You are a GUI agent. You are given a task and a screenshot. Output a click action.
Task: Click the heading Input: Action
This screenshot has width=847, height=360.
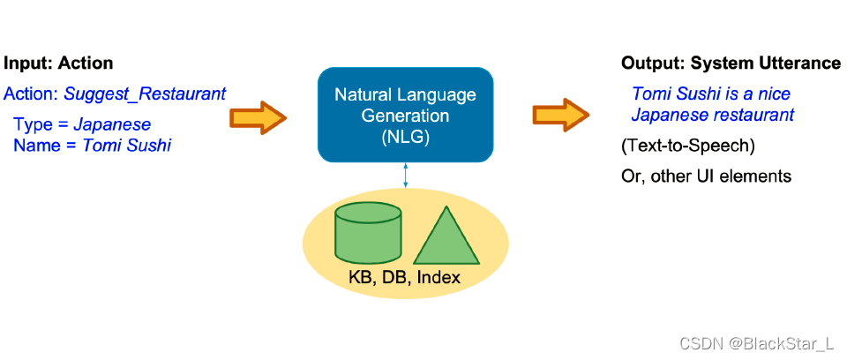click(58, 64)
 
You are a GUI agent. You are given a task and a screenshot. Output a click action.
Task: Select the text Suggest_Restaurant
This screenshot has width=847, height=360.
click(145, 94)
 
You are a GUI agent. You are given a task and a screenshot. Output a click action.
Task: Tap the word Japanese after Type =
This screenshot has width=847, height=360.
click(112, 124)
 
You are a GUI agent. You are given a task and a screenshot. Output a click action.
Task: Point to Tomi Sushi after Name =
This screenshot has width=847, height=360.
click(126, 145)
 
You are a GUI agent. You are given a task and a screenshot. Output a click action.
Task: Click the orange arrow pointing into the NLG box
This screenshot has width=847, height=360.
click(259, 116)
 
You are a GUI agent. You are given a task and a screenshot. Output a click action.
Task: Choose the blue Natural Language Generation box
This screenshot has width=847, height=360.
click(405, 115)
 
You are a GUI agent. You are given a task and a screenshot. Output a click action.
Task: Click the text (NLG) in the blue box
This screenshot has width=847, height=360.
click(405, 138)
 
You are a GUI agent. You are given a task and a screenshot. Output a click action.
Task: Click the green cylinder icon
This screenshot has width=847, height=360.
click(367, 233)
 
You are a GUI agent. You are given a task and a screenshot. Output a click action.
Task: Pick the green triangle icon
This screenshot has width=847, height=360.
click(447, 236)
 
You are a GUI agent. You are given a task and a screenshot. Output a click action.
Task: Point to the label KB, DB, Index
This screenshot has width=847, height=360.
click(404, 278)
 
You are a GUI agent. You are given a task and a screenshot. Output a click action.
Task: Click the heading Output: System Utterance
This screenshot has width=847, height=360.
click(731, 64)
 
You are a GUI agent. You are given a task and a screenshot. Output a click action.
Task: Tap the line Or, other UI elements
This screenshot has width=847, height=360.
click(706, 176)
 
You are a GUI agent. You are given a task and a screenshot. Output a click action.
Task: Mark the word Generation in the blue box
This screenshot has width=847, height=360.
click(405, 116)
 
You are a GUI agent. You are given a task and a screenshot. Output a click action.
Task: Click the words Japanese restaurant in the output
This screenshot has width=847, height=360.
click(713, 115)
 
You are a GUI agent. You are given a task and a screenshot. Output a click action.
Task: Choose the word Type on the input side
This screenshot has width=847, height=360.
click(31, 124)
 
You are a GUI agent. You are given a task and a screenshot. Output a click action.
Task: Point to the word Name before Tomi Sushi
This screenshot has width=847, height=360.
click(34, 145)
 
